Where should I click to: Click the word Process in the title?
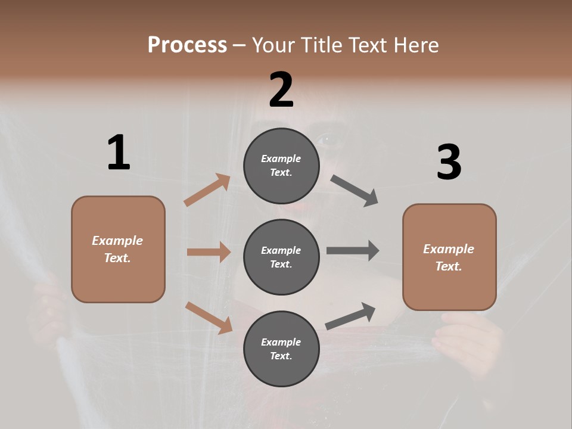(x=187, y=45)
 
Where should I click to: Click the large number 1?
(x=119, y=153)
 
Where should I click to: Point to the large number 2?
(x=281, y=90)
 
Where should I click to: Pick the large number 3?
(x=449, y=163)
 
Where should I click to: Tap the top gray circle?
(x=281, y=166)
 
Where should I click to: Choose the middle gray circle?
(x=281, y=257)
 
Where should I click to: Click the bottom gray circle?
(x=281, y=349)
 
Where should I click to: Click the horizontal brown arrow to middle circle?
(x=209, y=252)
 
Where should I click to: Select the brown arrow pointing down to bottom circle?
(x=209, y=317)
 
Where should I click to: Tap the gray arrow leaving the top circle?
(x=355, y=191)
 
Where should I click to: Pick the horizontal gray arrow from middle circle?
(x=353, y=251)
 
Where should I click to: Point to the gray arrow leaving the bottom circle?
(x=350, y=316)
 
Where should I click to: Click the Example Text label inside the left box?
(x=117, y=249)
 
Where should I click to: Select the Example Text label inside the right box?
(x=449, y=257)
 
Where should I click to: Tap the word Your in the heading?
(x=273, y=45)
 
